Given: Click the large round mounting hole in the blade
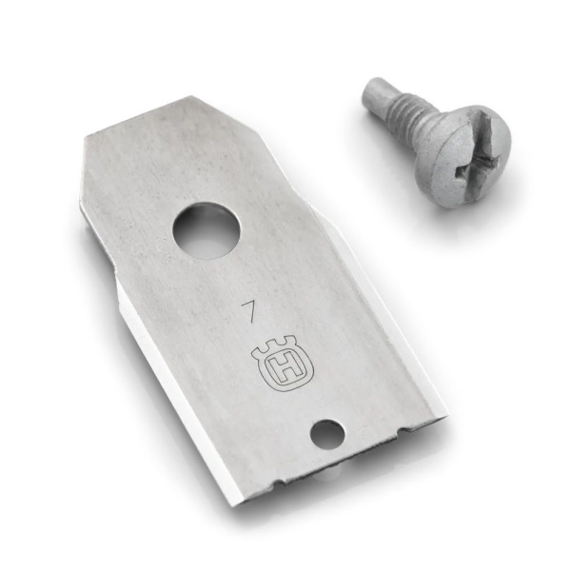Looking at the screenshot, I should pyautogui.click(x=203, y=228).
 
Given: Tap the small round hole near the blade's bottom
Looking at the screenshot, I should pyautogui.click(x=326, y=433).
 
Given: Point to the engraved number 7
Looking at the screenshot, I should pyautogui.click(x=248, y=312).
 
